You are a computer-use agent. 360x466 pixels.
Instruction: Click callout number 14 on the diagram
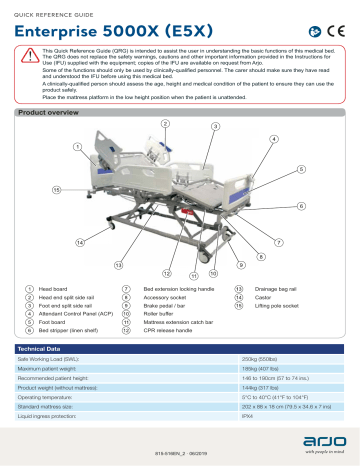click(49, 243)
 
